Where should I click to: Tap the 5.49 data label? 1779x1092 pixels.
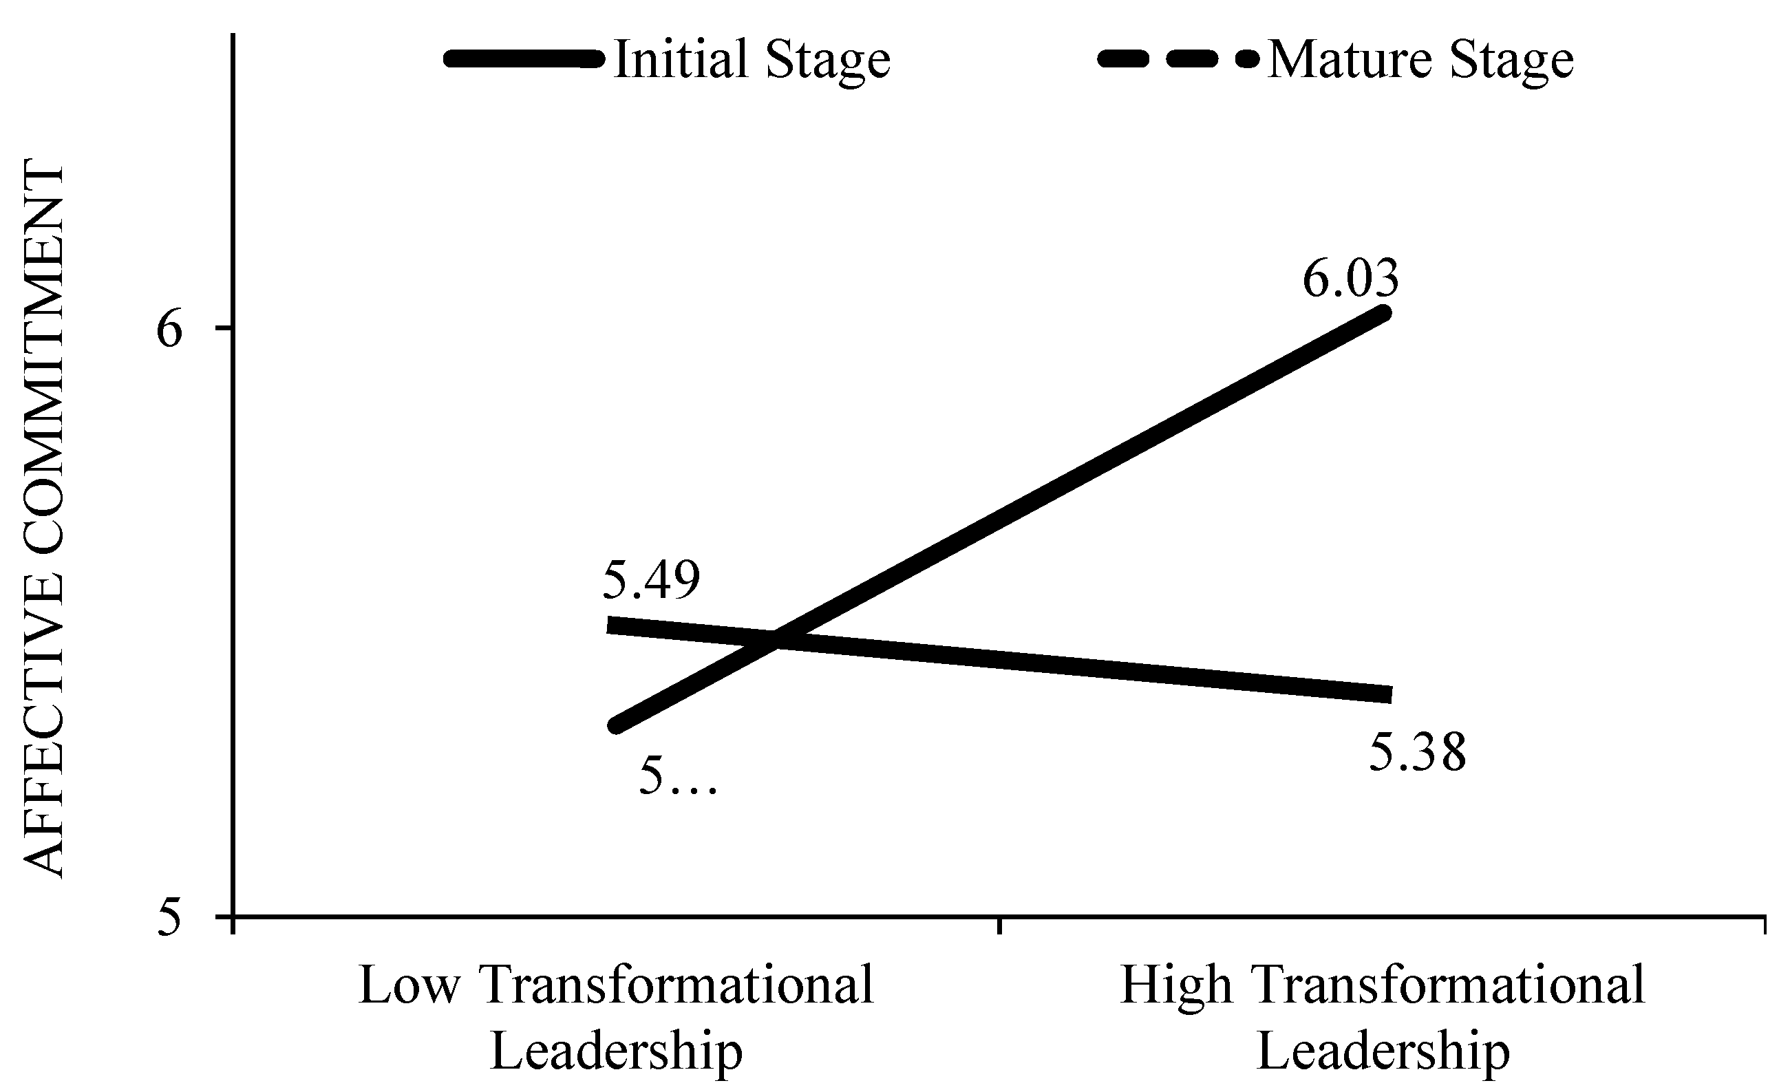click(x=652, y=581)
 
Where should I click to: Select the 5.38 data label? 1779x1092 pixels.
click(x=1418, y=753)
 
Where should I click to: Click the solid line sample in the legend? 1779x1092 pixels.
click(x=524, y=59)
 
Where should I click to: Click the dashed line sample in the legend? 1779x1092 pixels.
click(x=1178, y=59)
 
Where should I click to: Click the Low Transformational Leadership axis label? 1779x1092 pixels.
click(x=616, y=1018)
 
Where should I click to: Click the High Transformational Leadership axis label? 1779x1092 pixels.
click(x=1383, y=1018)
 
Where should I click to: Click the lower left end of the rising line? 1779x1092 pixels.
click(x=616, y=725)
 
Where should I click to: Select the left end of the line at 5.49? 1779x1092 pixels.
click(x=611, y=625)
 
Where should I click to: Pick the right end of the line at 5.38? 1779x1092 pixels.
click(x=1388, y=695)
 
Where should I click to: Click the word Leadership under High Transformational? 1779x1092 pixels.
click(x=1383, y=1051)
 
